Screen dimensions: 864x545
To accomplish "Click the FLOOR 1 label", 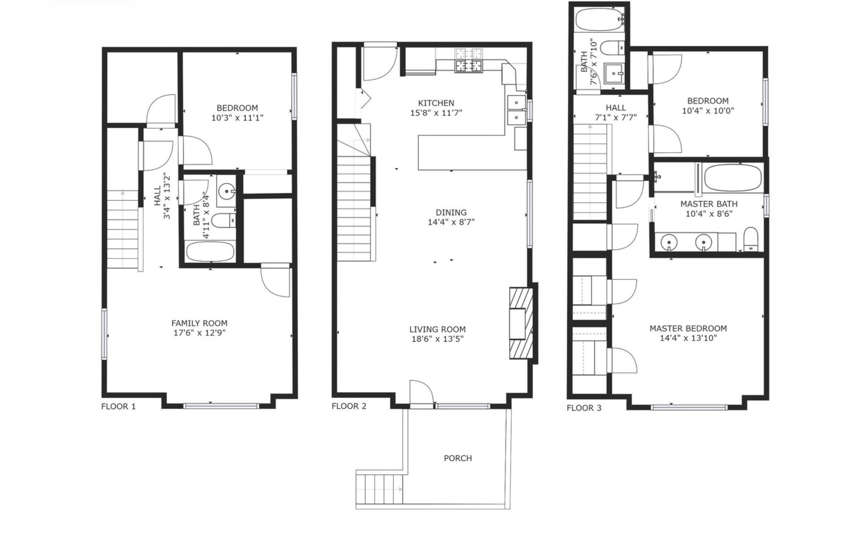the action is pyautogui.click(x=119, y=407).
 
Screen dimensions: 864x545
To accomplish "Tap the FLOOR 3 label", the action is pyautogui.click(x=584, y=408).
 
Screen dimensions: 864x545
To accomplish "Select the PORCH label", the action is pyautogui.click(x=458, y=458).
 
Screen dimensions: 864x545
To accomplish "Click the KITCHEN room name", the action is pyautogui.click(x=436, y=103).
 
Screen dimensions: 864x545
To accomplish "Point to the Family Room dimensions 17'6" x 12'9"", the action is pyautogui.click(x=199, y=333).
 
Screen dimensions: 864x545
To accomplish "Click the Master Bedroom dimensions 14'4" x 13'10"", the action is pyautogui.click(x=688, y=338).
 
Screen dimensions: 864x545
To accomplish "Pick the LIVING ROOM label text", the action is pyautogui.click(x=438, y=330).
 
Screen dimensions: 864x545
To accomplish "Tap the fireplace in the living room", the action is pyautogui.click(x=521, y=323).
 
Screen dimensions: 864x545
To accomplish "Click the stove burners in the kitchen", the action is pyautogui.click(x=469, y=60).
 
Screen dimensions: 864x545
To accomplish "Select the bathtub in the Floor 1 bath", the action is pyautogui.click(x=210, y=252).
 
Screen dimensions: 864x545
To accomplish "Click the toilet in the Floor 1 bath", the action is pyautogui.click(x=224, y=221).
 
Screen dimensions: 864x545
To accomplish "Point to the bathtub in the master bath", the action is pyautogui.click(x=732, y=178).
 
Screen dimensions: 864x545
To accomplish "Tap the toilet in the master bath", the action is pyautogui.click(x=750, y=239).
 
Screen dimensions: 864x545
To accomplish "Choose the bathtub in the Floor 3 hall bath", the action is pyautogui.click(x=600, y=19).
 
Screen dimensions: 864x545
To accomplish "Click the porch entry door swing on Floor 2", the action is pyautogui.click(x=421, y=393).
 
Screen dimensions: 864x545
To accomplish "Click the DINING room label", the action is pyautogui.click(x=451, y=212).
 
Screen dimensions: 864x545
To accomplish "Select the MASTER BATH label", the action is pyautogui.click(x=709, y=204).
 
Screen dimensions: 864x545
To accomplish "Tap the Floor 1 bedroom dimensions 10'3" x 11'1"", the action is pyautogui.click(x=237, y=118).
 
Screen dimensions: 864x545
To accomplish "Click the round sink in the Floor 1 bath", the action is pyautogui.click(x=226, y=191).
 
